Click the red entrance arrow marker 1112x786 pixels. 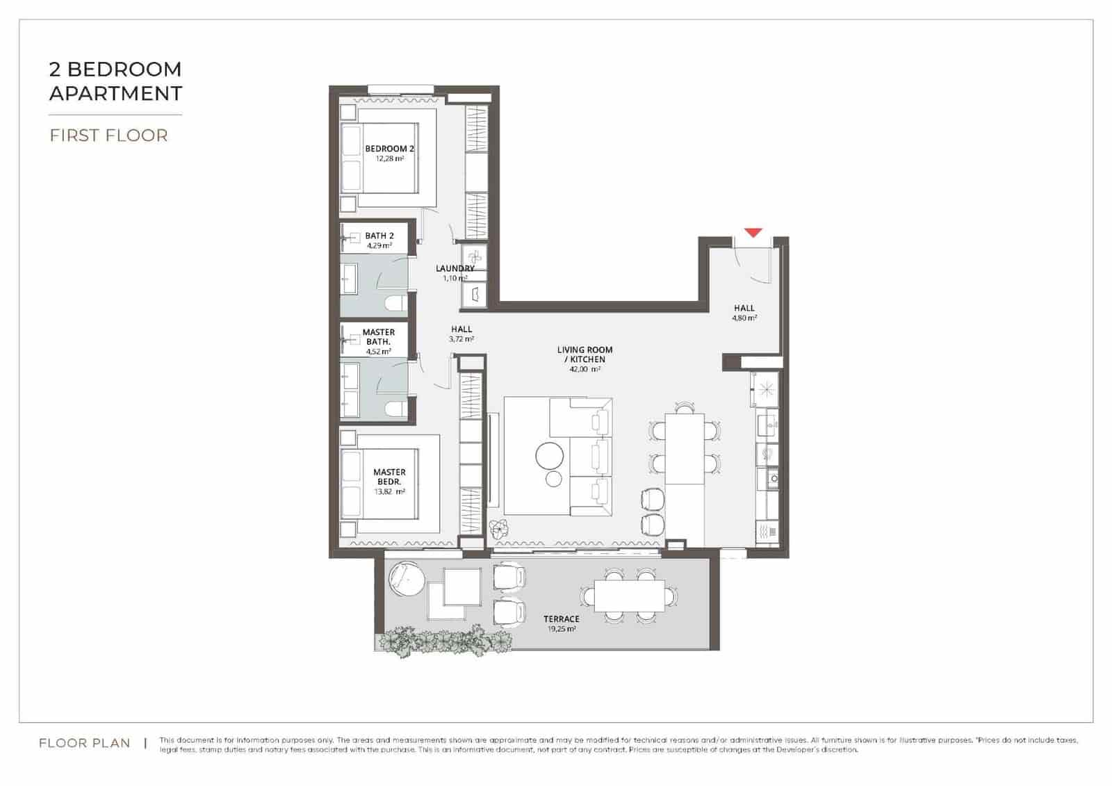tap(753, 233)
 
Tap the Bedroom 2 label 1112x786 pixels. tap(389, 149)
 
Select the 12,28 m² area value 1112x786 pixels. tap(389, 158)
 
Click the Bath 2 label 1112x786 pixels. tap(379, 236)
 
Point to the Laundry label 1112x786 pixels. tap(455, 268)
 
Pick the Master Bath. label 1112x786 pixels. tap(379, 337)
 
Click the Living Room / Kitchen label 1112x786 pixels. tap(585, 354)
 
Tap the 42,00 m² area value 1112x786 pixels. tap(585, 370)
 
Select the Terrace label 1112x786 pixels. tap(562, 619)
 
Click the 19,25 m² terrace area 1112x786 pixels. tap(562, 629)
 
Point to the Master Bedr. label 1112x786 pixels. tap(389, 477)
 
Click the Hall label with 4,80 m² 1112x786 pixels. tap(744, 308)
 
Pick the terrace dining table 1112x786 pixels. tap(630, 596)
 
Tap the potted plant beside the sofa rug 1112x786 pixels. tap(498, 530)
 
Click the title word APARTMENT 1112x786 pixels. tap(115, 93)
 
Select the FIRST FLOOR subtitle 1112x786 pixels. tap(108, 135)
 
